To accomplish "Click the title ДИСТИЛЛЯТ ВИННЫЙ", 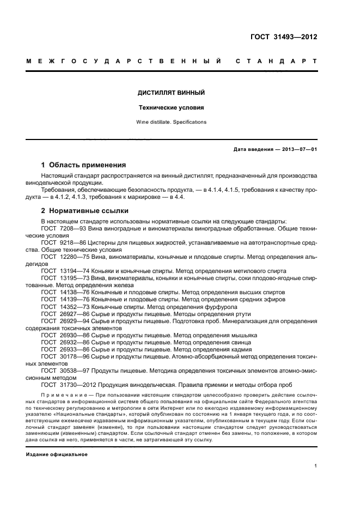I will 172,93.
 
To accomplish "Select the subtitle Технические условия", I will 172,108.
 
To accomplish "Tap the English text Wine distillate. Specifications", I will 172,122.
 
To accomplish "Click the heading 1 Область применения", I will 84,165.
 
